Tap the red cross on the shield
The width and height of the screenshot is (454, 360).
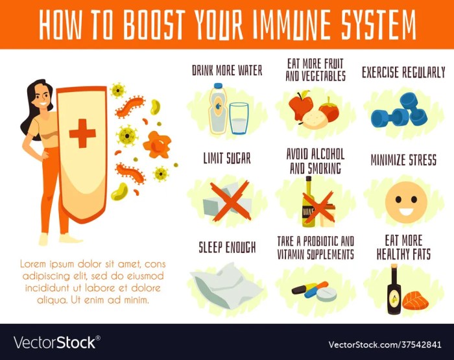pos(82,134)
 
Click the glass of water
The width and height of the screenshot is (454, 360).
pos(239,117)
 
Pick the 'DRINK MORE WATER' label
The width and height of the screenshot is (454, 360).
pos(227,70)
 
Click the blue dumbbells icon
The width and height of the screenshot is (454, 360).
pos(399,110)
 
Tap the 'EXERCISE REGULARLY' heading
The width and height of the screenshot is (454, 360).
pos(403,72)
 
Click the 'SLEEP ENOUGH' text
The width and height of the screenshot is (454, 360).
pos(227,247)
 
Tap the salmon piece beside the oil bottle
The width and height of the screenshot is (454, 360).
pos(414,300)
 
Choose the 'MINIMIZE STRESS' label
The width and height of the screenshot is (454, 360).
pos(403,160)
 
